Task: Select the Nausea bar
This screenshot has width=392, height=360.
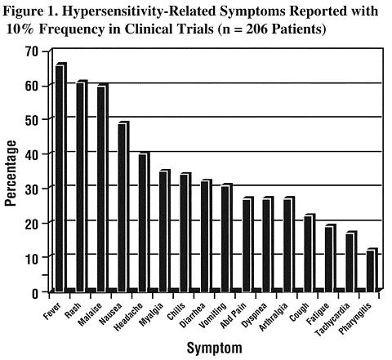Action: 123,207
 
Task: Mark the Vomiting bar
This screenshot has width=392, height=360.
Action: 227,238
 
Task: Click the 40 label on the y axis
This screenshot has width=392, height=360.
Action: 32,153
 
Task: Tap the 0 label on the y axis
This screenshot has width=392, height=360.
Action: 35,294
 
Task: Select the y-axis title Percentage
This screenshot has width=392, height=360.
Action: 11,173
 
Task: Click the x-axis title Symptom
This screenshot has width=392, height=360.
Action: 214,349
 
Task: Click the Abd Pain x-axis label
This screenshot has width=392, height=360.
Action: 234,315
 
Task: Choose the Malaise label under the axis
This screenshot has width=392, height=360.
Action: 90,314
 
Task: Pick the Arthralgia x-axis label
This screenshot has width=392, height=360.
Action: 274,317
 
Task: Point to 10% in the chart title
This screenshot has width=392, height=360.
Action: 20,29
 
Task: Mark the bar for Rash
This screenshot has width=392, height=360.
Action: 82,186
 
